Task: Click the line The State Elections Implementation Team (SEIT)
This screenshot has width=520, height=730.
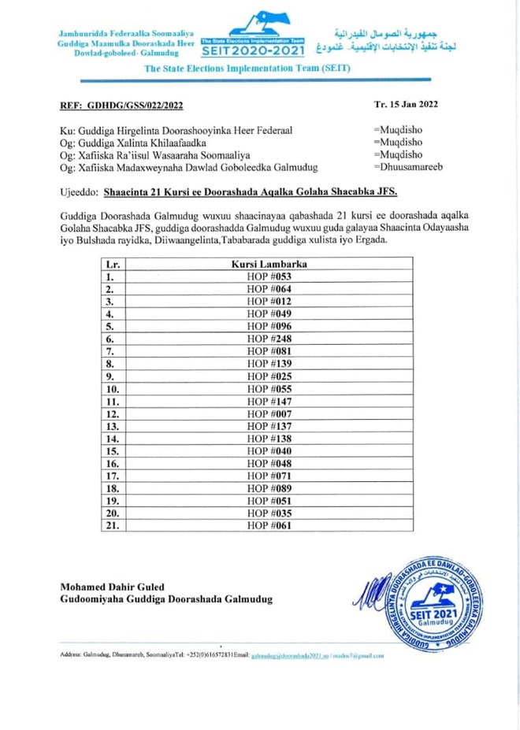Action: (x=247, y=69)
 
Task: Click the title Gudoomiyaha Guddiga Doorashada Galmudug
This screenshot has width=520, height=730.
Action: (x=166, y=599)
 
